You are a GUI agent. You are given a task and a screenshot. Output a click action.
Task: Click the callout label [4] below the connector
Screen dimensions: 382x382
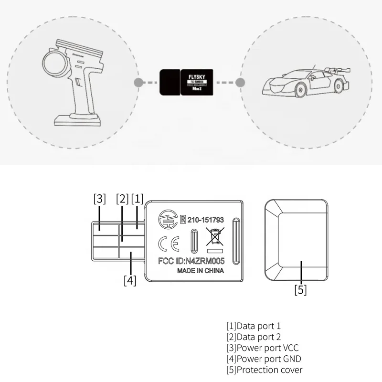130,280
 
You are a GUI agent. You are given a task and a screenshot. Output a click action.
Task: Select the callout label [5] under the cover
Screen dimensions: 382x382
300,290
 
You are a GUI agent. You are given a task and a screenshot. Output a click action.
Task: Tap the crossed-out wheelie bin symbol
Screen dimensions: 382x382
215,237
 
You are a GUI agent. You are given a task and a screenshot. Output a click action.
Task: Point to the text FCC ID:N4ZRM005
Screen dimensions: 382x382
191,262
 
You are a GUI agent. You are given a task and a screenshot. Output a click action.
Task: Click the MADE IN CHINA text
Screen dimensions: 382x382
201,271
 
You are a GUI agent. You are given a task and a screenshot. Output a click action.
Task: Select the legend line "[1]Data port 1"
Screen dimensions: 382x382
254,326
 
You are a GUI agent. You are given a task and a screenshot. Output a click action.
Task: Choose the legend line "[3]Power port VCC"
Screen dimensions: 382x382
263,348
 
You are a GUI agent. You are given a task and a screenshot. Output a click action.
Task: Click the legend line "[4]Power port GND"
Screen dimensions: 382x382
264,359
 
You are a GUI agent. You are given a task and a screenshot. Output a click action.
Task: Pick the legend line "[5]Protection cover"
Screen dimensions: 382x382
264,370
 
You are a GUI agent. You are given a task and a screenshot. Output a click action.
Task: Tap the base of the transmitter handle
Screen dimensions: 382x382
79,120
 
